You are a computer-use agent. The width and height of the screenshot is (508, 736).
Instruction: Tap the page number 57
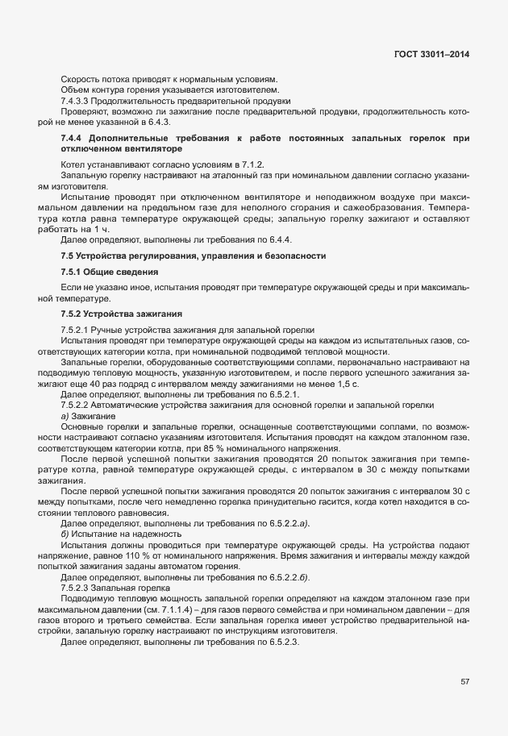click(464, 681)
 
